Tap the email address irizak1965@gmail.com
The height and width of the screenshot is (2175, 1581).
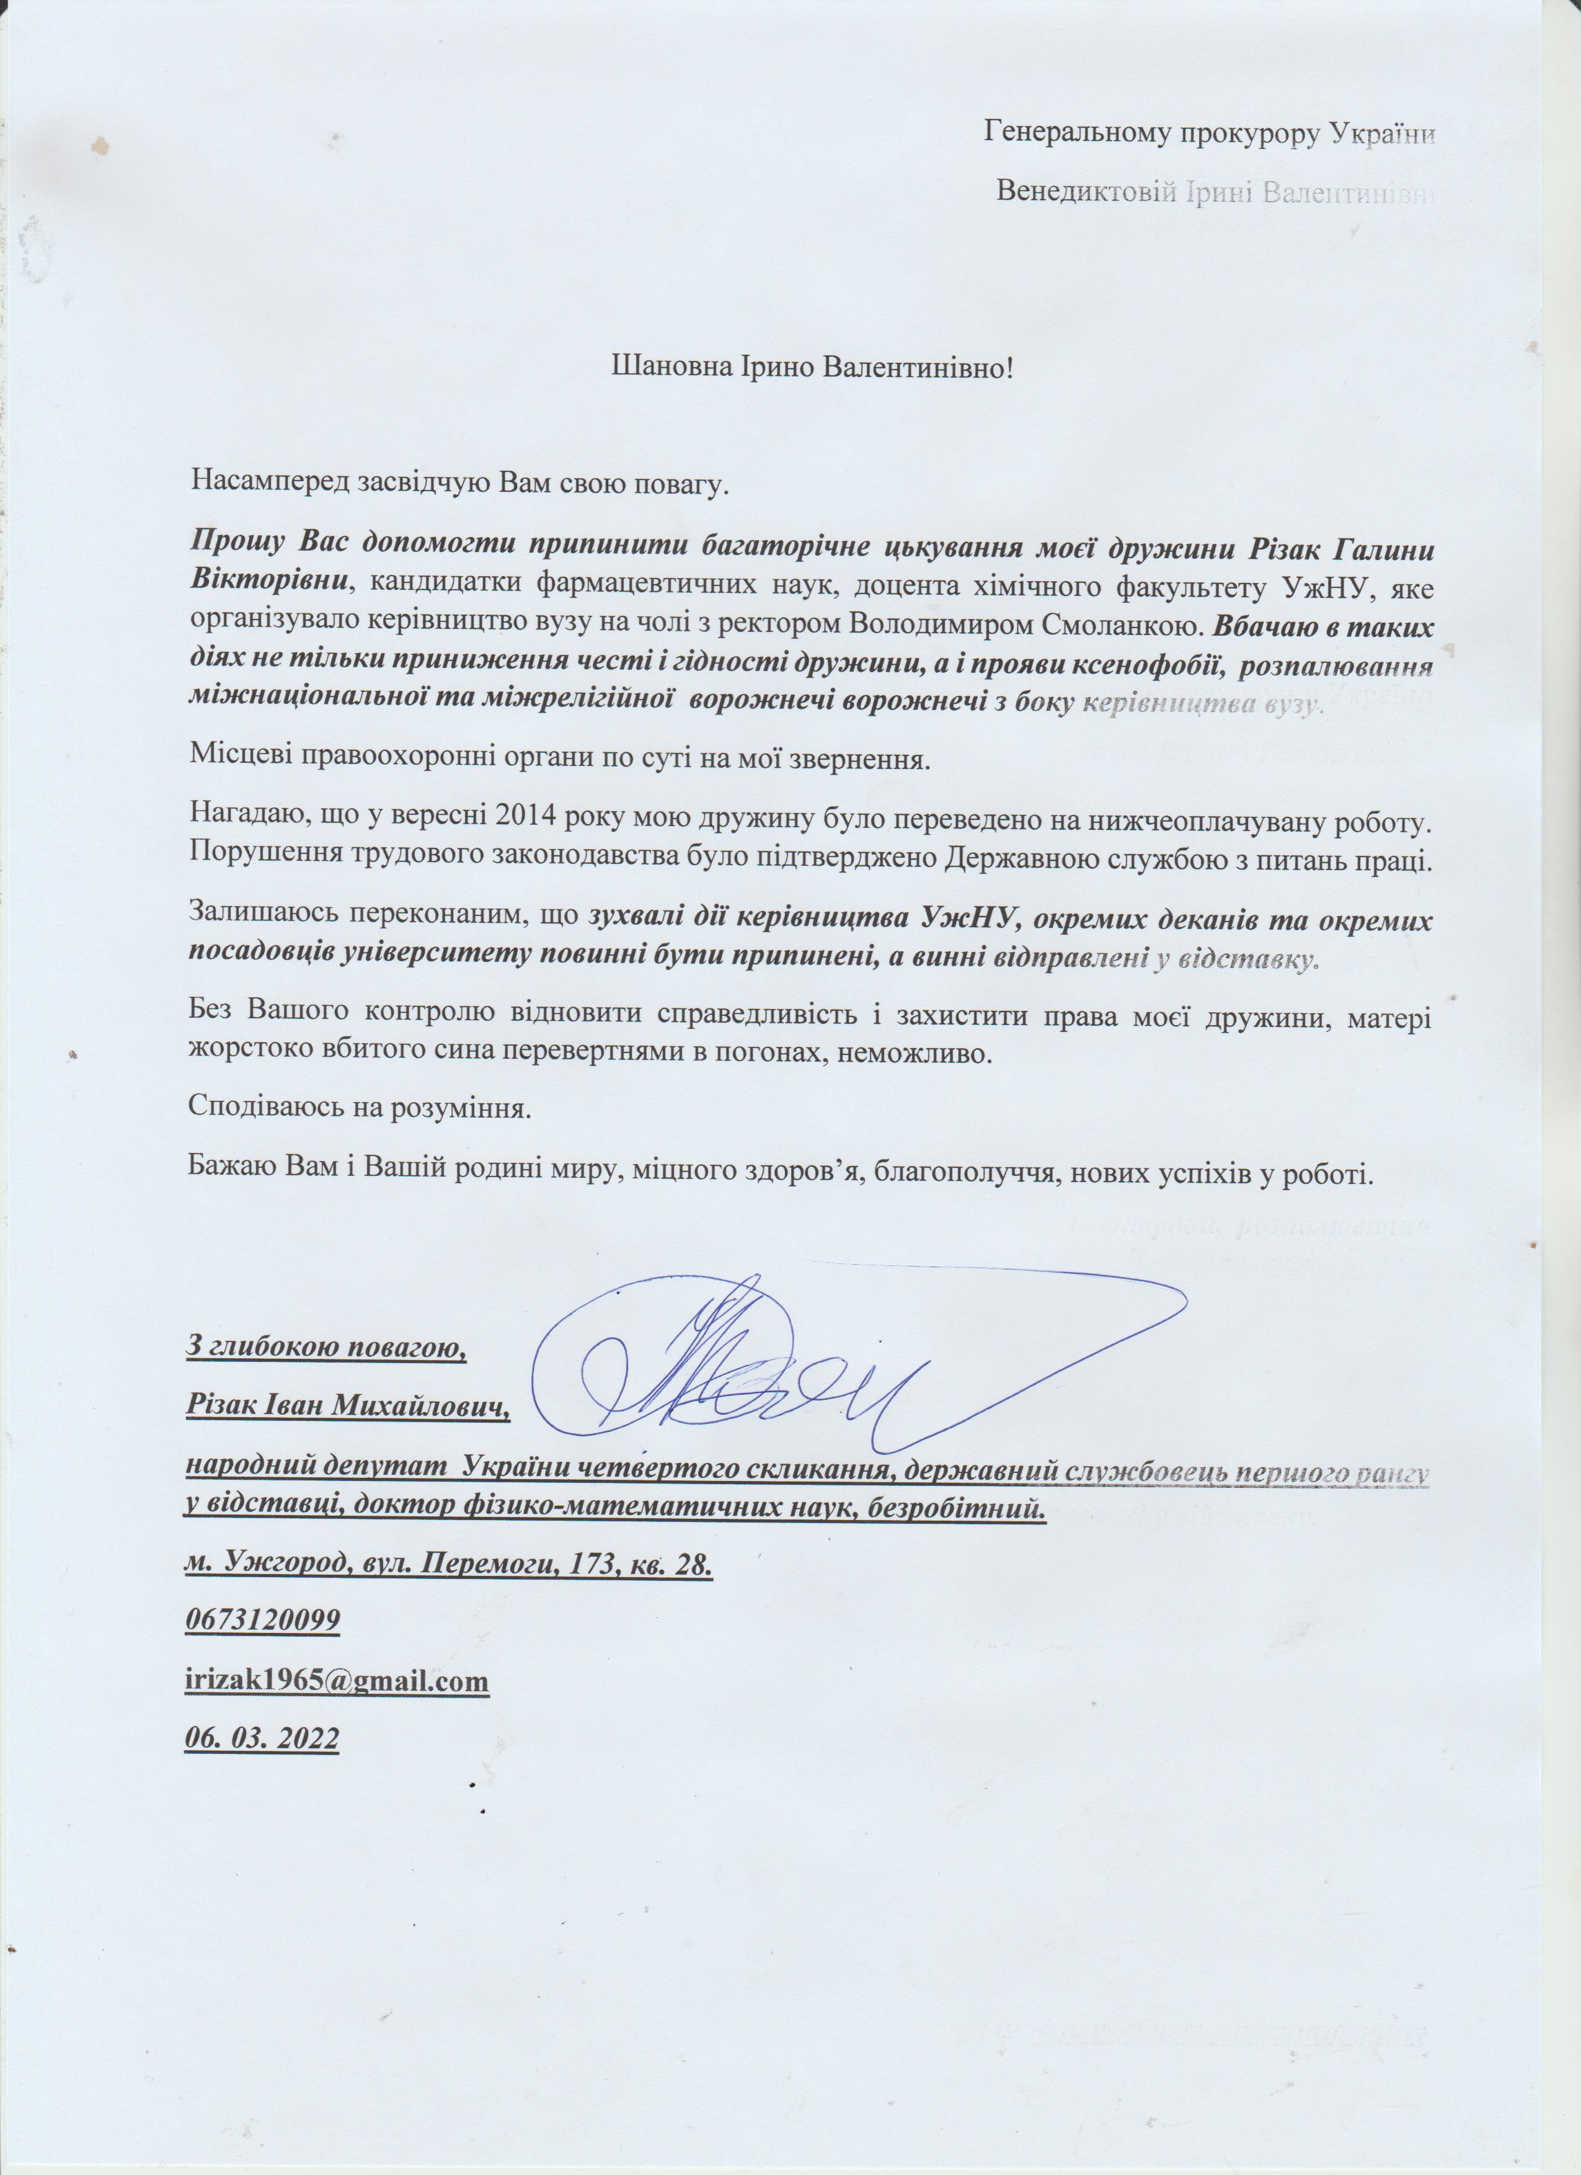tap(337, 1680)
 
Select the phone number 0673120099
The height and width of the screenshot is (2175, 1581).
tap(262, 1621)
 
